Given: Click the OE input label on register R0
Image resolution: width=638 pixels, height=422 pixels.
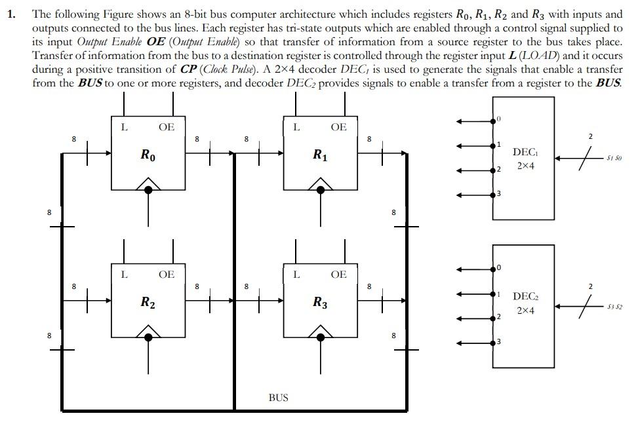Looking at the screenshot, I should point(167,127).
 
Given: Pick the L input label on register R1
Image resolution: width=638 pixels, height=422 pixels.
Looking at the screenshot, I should point(296,127).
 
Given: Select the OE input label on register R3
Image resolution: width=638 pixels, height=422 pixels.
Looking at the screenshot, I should point(338,274).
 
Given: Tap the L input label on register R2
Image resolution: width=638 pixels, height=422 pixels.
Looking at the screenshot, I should point(125,274).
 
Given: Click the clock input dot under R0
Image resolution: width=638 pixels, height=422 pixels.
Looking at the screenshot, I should point(149,189).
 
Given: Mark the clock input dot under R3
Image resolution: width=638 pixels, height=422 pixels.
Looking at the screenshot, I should point(321,336).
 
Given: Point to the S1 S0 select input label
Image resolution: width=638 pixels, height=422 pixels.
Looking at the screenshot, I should point(614,159).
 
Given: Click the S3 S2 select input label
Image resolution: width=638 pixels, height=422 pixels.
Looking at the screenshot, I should point(614,306).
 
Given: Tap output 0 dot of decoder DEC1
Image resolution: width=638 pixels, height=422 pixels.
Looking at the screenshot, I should point(493,121).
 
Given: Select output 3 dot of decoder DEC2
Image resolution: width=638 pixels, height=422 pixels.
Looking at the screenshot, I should point(493,342).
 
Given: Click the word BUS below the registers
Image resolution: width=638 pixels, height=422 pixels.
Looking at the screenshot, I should point(278,397).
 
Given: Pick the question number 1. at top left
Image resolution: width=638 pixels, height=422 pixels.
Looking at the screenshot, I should point(12,14).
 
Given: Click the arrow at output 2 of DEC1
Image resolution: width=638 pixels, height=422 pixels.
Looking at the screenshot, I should point(462,170).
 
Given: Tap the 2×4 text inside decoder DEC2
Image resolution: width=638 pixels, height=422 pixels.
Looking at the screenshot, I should point(526,311).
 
